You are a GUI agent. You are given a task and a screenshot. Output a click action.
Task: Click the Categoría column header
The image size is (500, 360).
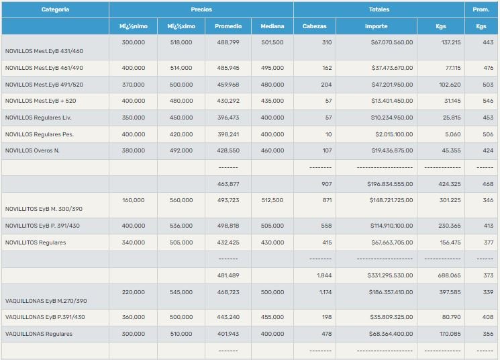(55, 10)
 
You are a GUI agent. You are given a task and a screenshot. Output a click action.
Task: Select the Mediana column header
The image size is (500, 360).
(272, 27)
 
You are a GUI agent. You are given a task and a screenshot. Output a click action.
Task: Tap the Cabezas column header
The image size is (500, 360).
(314, 27)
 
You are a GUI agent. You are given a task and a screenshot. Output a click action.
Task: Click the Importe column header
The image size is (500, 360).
(376, 27)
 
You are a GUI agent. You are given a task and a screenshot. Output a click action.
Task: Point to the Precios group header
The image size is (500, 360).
(201, 10)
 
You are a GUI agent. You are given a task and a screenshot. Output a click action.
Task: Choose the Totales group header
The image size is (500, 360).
(379, 10)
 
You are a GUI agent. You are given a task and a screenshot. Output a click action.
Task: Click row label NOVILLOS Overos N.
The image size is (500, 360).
(32, 150)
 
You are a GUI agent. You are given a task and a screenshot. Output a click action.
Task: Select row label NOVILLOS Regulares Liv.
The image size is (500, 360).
(38, 118)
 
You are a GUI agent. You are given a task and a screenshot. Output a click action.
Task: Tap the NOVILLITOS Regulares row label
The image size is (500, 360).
(36, 242)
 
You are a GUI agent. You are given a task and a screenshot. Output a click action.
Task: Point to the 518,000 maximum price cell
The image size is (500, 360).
(180, 42)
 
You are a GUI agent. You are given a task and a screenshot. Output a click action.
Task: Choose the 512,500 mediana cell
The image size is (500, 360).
(272, 200)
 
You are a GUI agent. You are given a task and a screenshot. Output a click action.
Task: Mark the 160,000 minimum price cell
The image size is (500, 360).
(134, 200)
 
